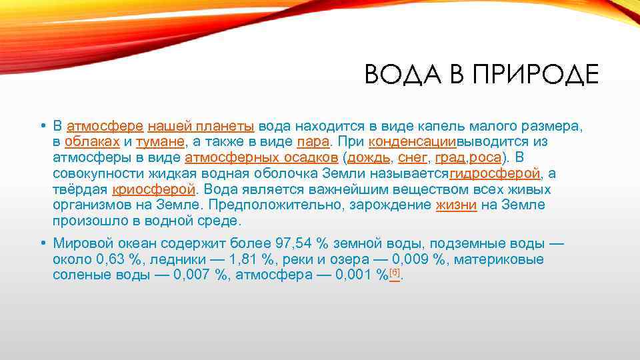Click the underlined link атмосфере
[x=105, y=126]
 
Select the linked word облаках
[x=93, y=142]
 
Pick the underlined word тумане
[x=160, y=142]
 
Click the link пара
[x=313, y=142]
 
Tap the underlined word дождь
[x=370, y=158]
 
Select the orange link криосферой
[x=154, y=189]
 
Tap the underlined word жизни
[x=456, y=205]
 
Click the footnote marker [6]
[x=395, y=273]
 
